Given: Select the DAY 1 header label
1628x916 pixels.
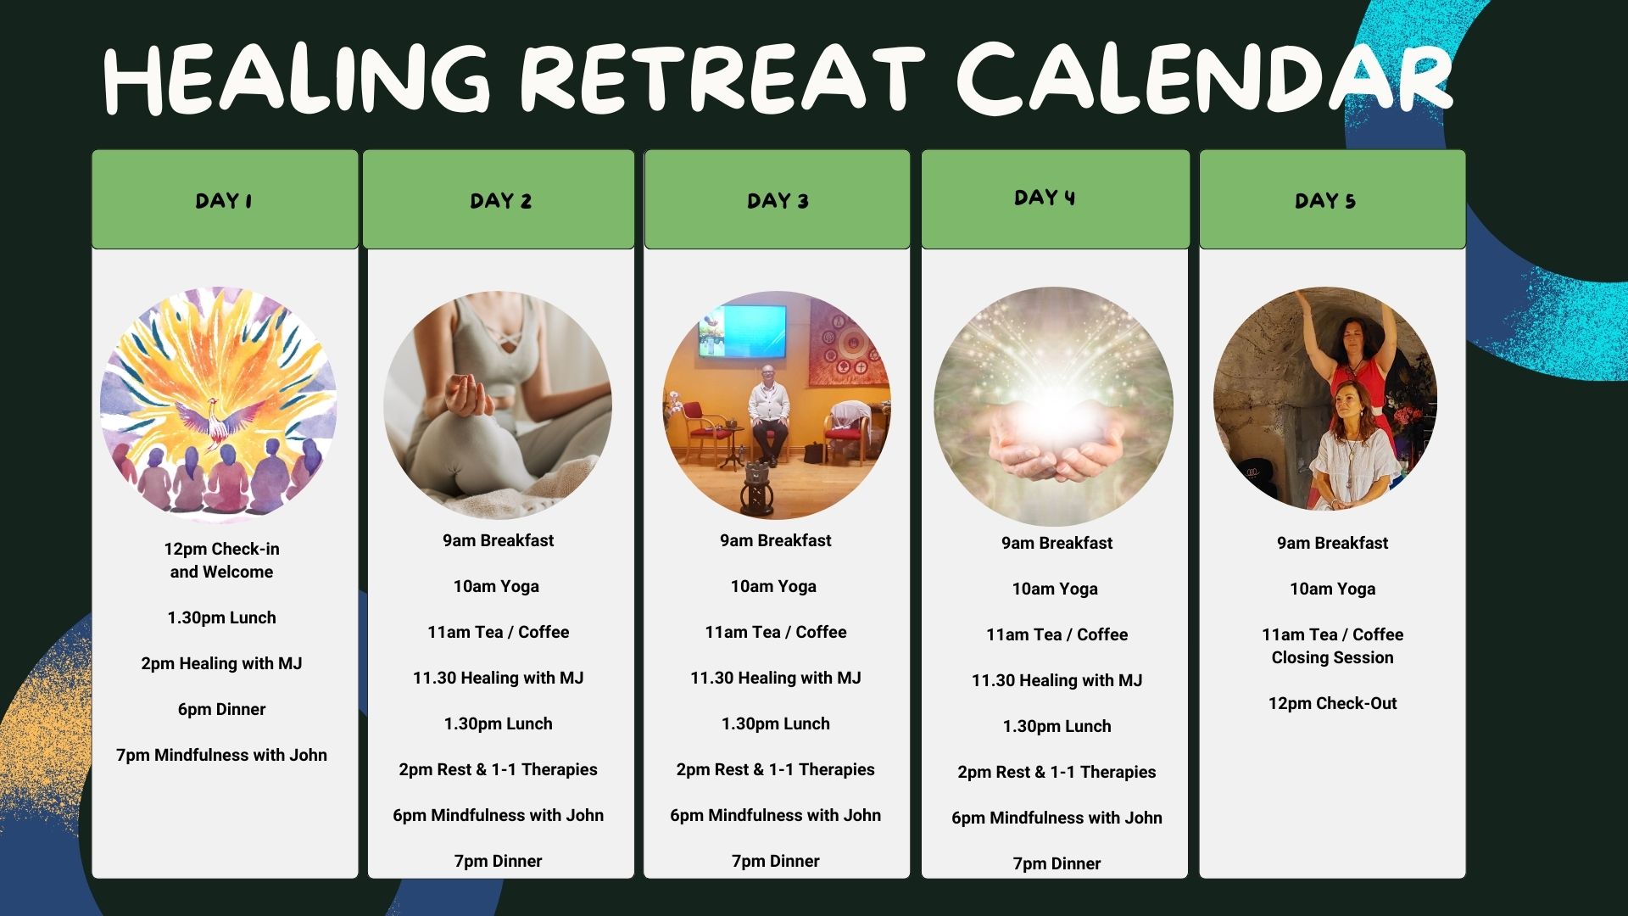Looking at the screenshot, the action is pos(224,201).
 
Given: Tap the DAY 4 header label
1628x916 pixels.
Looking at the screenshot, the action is pos(1045,198).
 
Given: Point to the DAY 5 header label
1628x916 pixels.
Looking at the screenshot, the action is pos(1325,201).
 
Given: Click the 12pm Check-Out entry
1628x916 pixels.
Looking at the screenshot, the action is pos(1332,703).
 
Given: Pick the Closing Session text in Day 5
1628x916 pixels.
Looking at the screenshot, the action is pos(1332,657).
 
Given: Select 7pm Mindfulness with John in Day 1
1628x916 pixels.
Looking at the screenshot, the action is pos(221,755).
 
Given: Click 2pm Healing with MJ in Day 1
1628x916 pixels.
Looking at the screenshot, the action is pos(221,663).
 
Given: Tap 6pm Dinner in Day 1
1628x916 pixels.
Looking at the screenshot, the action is pos(221,709).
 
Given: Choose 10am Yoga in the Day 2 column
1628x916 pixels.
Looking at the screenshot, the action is pos(496,586).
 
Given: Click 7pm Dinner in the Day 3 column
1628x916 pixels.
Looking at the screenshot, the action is pos(776,861).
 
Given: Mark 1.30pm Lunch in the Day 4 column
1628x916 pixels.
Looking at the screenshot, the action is pos(1057,726).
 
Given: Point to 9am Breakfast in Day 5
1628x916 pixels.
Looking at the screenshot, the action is pos(1332,543).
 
